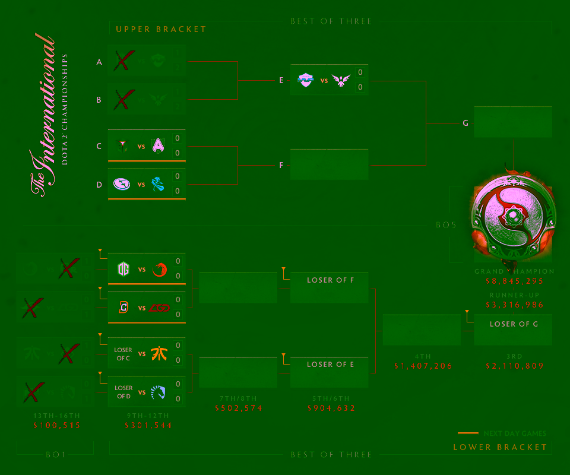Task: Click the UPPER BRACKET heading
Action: click(x=161, y=29)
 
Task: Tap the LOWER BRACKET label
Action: click(x=500, y=447)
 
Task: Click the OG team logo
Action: click(x=123, y=269)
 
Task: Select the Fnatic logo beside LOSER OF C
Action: click(x=159, y=353)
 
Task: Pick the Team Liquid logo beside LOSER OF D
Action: click(x=159, y=392)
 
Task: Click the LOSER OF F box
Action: click(x=330, y=280)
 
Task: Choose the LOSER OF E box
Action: click(x=330, y=365)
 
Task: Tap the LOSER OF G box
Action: click(x=513, y=324)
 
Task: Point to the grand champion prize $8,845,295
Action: click(x=514, y=281)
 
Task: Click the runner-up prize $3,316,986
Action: click(x=514, y=305)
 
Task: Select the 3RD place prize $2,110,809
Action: click(x=514, y=366)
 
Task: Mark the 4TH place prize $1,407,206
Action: click(x=422, y=366)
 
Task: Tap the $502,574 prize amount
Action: click(x=239, y=408)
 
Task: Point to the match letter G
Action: click(x=465, y=123)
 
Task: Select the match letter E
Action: click(x=281, y=80)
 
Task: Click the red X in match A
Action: click(x=123, y=61)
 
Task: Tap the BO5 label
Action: click(x=446, y=225)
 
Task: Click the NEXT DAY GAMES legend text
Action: click(x=515, y=433)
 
